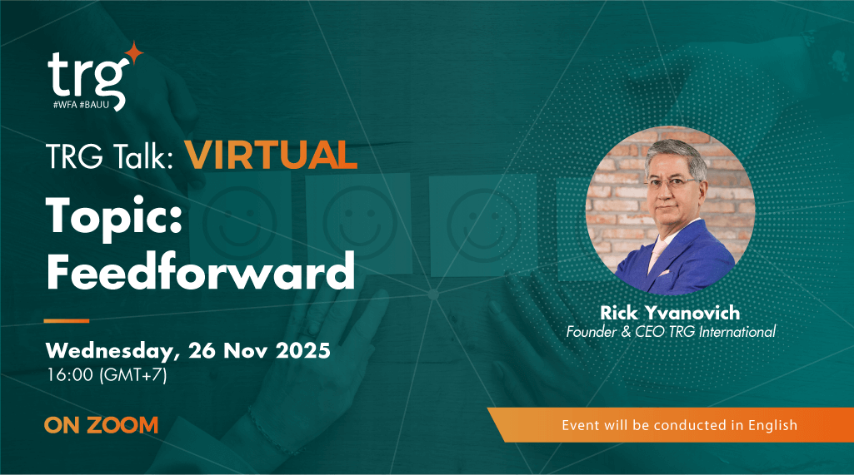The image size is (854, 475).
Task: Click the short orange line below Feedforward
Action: (66, 320)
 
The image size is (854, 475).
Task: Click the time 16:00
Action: (68, 374)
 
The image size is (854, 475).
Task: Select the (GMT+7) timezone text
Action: (133, 374)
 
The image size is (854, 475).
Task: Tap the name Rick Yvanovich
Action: (670, 313)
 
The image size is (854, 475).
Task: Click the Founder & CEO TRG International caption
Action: (671, 332)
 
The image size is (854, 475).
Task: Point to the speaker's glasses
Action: (677, 184)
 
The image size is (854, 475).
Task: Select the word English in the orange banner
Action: (774, 425)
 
